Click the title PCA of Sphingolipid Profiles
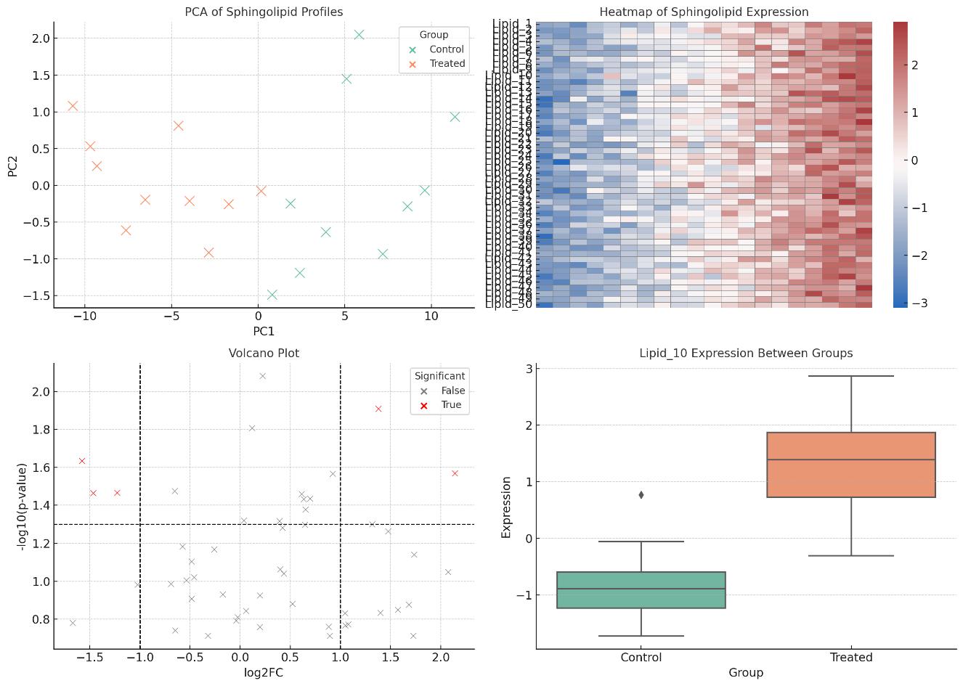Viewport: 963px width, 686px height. (x=264, y=12)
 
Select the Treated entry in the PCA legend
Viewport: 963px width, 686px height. (x=447, y=63)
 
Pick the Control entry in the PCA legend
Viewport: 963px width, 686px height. (x=446, y=49)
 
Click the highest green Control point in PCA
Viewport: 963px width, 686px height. (x=359, y=34)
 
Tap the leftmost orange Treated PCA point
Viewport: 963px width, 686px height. (x=73, y=106)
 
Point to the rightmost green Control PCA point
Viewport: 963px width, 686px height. (x=455, y=117)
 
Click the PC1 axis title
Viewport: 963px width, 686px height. (x=264, y=331)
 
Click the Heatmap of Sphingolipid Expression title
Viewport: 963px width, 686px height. (x=704, y=12)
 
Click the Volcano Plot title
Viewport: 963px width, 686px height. (x=264, y=354)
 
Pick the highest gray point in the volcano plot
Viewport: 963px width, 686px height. (x=263, y=376)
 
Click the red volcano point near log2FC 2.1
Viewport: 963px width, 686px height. (x=455, y=473)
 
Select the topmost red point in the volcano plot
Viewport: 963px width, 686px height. (x=378, y=409)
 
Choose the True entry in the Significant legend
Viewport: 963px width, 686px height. (x=450, y=405)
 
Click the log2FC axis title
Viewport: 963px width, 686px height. (x=264, y=672)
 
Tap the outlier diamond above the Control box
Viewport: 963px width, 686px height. (x=641, y=495)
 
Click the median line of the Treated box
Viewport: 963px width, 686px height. (x=850, y=460)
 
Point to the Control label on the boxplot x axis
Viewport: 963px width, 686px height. (x=641, y=658)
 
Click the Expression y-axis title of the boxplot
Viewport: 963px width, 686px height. (x=507, y=507)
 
